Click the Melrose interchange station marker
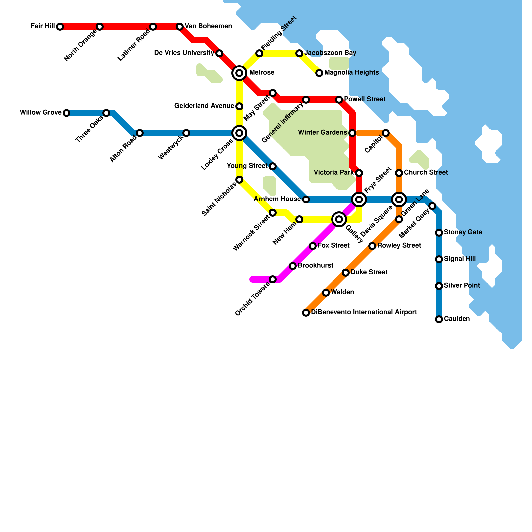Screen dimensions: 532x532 click(239, 73)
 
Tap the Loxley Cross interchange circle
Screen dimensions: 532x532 click(239, 133)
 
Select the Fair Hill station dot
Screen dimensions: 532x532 click(60, 27)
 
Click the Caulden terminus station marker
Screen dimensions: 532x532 click(439, 319)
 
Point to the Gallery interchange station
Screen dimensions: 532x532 click(339, 219)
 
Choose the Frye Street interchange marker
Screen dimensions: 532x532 click(359, 199)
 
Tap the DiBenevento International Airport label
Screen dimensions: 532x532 click(364, 312)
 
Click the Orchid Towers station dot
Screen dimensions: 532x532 click(273, 279)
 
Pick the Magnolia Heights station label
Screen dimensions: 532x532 click(351, 73)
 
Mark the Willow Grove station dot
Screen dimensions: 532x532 click(66, 113)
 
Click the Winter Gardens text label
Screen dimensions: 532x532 click(323, 133)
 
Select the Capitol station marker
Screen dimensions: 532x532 click(386, 133)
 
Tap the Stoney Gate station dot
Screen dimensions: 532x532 click(439, 233)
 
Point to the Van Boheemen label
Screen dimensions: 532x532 click(208, 26)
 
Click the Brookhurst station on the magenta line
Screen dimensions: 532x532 click(293, 266)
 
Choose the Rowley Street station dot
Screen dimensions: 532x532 click(372, 246)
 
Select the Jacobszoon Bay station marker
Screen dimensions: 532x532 click(299, 53)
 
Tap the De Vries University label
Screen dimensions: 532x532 click(184, 53)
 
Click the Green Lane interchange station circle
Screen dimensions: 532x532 click(399, 199)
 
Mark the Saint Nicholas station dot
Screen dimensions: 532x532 click(239, 180)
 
